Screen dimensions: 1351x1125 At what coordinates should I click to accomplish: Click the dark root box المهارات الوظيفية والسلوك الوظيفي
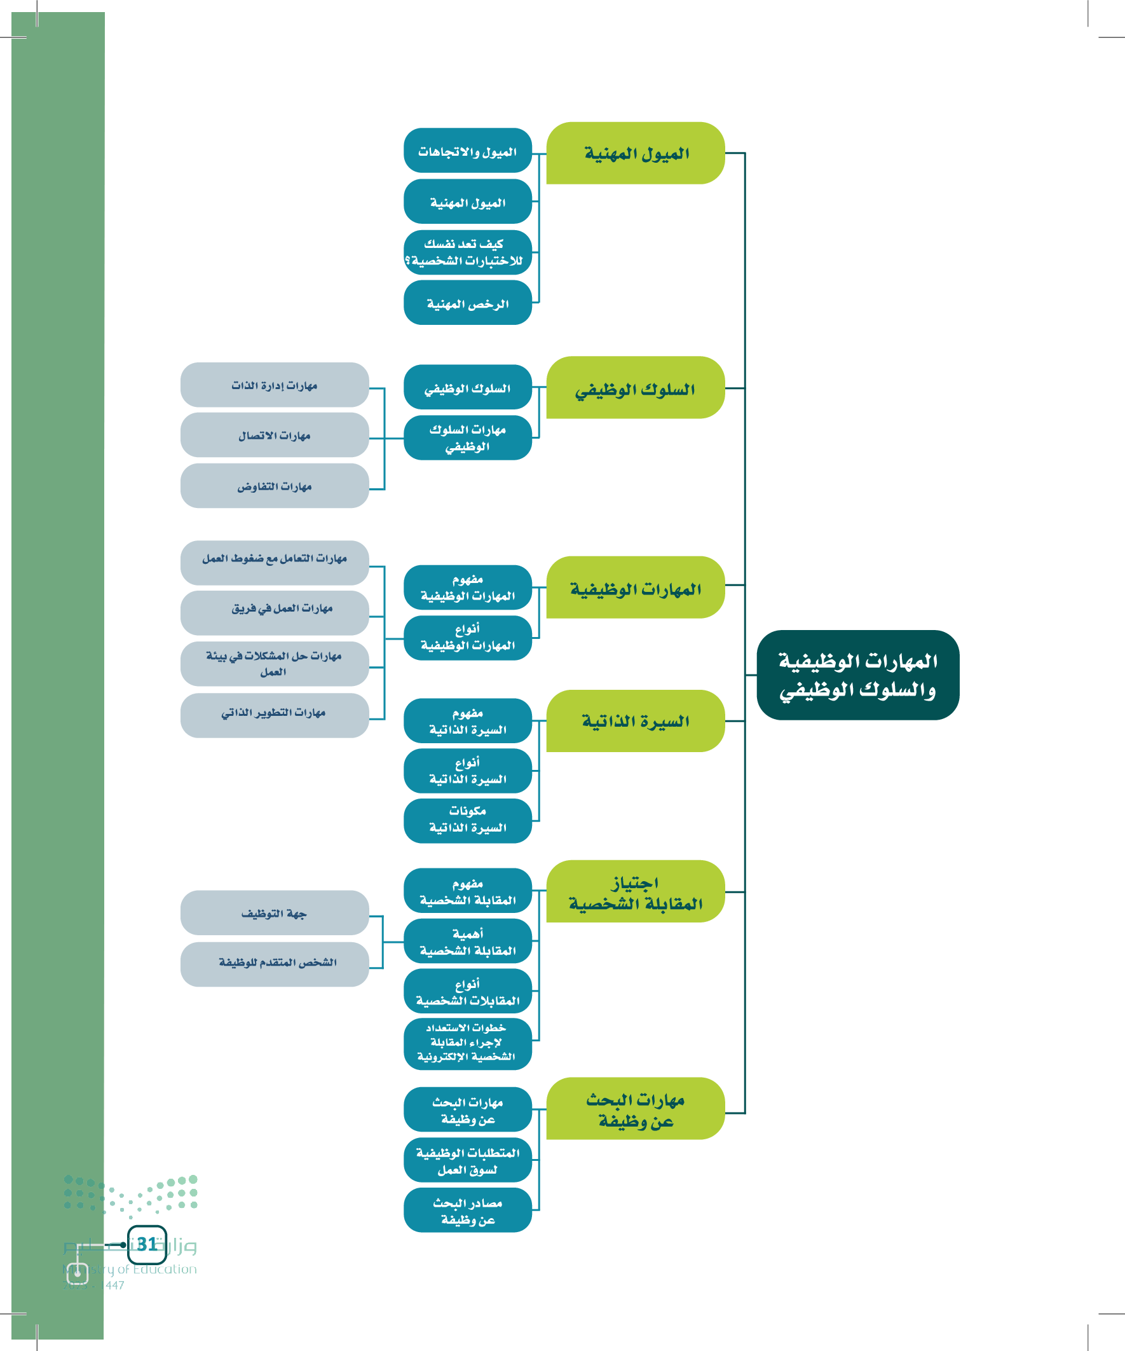[x=857, y=675]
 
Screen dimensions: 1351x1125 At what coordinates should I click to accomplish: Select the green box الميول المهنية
[x=636, y=153]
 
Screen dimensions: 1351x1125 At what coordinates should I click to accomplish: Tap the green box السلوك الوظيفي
[x=636, y=388]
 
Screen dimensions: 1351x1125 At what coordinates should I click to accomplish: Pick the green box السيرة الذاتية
[x=636, y=720]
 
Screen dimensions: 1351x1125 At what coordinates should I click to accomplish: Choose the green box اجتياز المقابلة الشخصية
[x=636, y=891]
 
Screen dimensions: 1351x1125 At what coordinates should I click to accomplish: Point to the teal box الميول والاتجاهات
[x=468, y=151]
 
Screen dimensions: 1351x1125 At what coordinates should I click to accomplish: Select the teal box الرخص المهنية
[x=468, y=303]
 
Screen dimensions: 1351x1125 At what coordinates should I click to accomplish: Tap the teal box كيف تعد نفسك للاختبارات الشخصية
[x=468, y=252]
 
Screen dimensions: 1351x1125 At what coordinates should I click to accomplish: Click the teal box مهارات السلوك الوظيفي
[x=468, y=437]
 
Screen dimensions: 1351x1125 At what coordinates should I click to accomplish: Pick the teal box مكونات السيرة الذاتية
[x=468, y=820]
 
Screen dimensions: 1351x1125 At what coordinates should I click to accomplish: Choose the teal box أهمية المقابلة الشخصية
[x=468, y=941]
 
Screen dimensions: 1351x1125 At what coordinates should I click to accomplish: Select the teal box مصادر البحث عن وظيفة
[x=468, y=1210]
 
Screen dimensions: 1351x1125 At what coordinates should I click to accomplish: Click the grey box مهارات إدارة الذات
[x=275, y=385]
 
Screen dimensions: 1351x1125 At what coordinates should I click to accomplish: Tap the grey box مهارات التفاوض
[x=275, y=486]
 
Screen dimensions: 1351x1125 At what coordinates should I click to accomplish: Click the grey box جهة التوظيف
[x=275, y=912]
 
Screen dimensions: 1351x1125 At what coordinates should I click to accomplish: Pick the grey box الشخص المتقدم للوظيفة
[x=275, y=964]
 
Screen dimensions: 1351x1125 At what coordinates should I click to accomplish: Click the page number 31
[x=147, y=1244]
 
